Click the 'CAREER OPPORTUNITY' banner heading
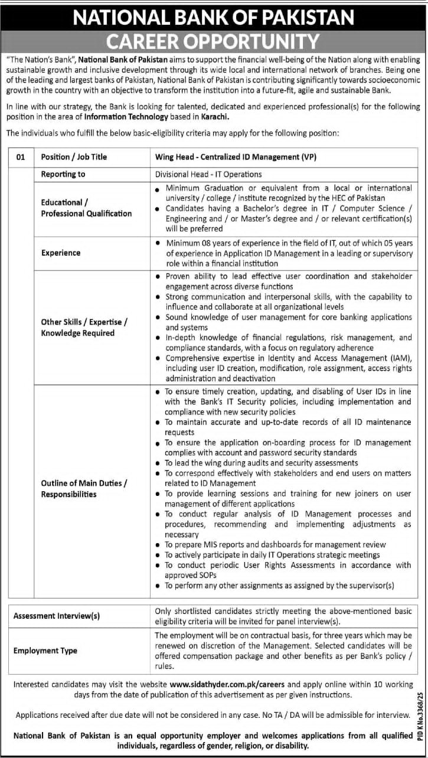pyautogui.click(x=213, y=41)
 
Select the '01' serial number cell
pyautogui.click(x=21, y=157)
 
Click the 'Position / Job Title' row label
pyautogui.click(x=74, y=157)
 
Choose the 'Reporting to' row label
pyautogui.click(x=63, y=174)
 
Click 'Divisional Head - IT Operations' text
pyautogui.click(x=208, y=174)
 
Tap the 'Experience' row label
pyautogui.click(x=61, y=253)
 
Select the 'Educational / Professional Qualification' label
pyautogui.click(x=86, y=208)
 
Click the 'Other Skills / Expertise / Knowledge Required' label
pyautogui.click(x=84, y=327)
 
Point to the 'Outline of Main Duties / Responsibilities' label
pyautogui.click(x=84, y=488)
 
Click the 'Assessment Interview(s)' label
pyautogui.click(x=57, y=616)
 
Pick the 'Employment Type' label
pyautogui.click(x=45, y=651)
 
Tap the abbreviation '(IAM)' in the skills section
pyautogui.click(x=399, y=358)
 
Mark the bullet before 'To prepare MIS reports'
pyautogui.click(x=158, y=545)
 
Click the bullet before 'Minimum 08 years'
pyautogui.click(x=158, y=243)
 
